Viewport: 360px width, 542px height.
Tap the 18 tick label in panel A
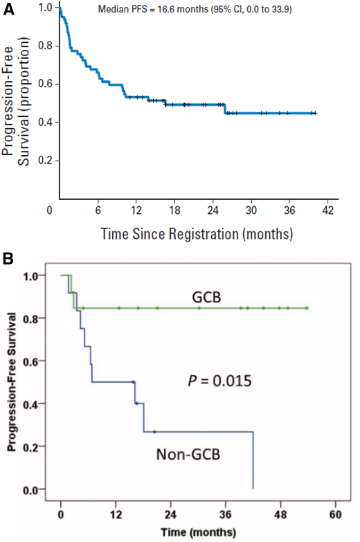174,210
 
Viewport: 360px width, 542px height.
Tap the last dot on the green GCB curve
306,308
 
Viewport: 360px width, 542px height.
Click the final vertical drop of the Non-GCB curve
253,460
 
